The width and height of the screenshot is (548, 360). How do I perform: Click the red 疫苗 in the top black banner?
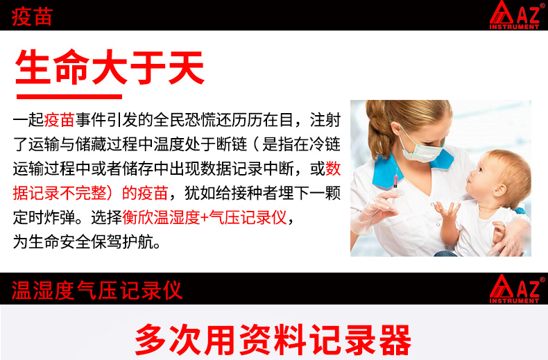coord(32,17)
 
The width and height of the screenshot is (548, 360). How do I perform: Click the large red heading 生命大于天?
coord(110,67)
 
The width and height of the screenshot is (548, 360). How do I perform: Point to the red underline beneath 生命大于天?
coord(69,96)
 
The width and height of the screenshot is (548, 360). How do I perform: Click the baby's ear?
coord(499,190)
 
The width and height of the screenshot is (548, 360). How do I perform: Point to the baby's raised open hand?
coord(446,211)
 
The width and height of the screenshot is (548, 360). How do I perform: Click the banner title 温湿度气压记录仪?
coord(97,290)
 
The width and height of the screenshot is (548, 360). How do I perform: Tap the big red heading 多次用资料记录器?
coord(273,340)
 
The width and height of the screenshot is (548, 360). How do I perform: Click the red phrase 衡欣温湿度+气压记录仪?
coord(204,217)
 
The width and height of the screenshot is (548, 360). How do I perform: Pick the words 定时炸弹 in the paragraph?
coord(44,217)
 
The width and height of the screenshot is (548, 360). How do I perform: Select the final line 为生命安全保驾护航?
coord(86,242)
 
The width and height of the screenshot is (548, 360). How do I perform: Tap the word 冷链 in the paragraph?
coord(325,144)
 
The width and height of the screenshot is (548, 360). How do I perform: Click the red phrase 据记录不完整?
coord(59,193)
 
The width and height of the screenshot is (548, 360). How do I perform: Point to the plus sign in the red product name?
coord(205,218)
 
